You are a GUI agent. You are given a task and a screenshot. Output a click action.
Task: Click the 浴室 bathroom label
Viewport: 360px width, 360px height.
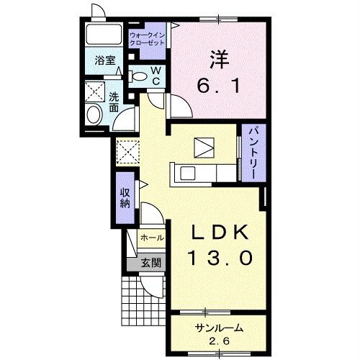tap(105, 60)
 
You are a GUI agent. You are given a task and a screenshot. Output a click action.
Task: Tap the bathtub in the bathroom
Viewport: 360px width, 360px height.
tap(104, 34)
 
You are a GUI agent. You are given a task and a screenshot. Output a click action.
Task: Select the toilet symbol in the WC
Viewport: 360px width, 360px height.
tap(138, 76)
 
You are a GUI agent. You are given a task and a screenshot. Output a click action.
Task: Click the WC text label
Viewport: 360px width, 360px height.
tap(156, 76)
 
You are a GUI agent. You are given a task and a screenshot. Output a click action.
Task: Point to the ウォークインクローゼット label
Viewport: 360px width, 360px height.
tap(147, 40)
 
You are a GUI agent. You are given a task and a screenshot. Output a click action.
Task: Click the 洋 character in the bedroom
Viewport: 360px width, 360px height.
tap(220, 60)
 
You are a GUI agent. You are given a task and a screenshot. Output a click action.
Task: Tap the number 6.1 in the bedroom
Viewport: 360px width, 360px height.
tap(218, 86)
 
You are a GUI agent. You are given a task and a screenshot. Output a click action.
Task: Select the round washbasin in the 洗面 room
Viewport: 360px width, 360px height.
tap(94, 115)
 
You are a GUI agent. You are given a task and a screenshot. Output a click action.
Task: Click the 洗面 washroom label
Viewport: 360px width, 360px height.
tap(114, 102)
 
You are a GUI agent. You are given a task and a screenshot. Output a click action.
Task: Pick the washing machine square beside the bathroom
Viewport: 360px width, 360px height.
tap(95, 91)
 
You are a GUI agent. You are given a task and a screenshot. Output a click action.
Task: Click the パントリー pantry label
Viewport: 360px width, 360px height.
tap(253, 153)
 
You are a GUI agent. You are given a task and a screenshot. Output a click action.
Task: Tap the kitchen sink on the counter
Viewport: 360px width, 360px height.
tap(187, 174)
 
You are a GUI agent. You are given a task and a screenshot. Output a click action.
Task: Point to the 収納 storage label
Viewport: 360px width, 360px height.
tap(125, 198)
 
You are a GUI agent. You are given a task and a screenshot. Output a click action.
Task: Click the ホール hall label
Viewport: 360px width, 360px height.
tap(152, 238)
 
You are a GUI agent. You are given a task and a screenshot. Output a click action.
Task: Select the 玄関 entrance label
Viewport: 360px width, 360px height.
tap(150, 264)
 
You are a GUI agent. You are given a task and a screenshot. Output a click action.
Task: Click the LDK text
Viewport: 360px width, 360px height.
tap(219, 233)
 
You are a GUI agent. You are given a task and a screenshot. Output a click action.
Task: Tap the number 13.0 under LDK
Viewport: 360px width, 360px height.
tap(221, 258)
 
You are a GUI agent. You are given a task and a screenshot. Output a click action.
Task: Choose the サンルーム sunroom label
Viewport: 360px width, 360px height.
tap(219, 328)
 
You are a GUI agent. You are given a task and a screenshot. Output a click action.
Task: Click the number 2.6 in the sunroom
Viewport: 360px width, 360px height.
tap(219, 341)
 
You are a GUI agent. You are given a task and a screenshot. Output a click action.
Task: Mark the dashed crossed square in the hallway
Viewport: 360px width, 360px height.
tap(128, 152)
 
